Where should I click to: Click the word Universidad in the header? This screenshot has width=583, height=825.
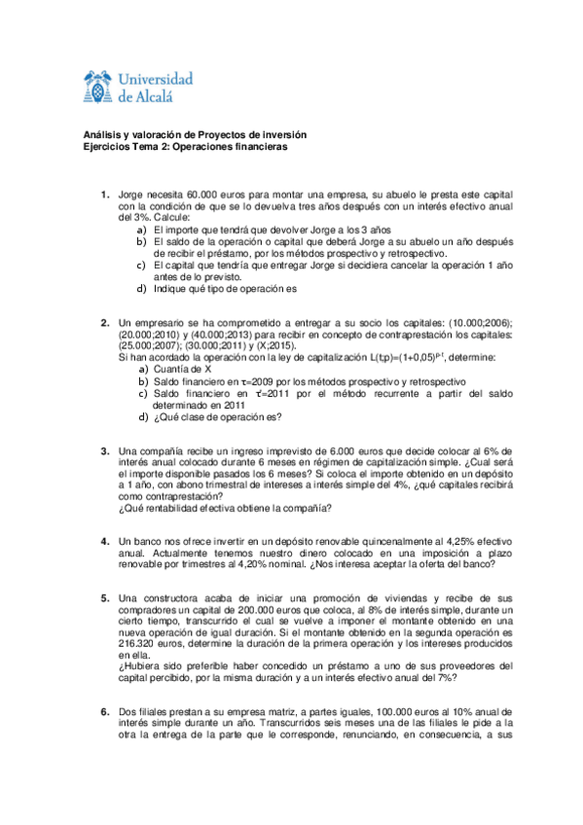point(155,78)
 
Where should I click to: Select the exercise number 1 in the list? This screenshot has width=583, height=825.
point(105,196)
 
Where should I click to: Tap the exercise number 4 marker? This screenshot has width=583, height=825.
point(105,540)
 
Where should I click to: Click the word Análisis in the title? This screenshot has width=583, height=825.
point(99,134)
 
